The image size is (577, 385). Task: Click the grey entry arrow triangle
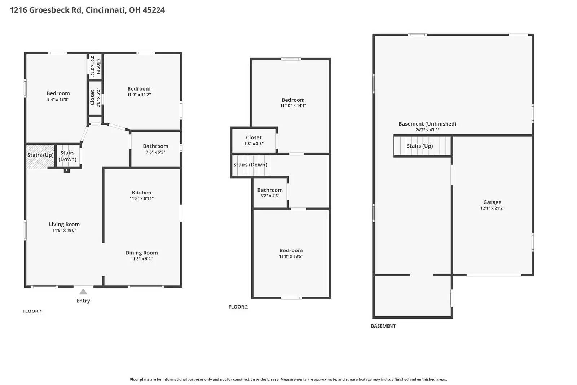(83, 292)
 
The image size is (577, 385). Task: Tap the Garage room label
(492, 202)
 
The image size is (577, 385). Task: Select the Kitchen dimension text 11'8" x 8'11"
(141, 198)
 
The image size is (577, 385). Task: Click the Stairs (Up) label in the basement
(420, 146)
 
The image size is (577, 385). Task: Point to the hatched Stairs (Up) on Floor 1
(40, 156)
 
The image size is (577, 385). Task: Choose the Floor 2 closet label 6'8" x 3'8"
(254, 143)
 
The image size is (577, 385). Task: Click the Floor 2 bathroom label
(270, 190)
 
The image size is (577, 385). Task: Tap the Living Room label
(64, 224)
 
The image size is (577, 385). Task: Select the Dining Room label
(142, 253)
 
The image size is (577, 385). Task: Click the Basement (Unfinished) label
(427, 124)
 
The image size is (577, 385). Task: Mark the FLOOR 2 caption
(238, 307)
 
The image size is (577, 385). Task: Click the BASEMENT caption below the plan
(383, 326)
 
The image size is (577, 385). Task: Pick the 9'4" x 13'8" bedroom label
(58, 99)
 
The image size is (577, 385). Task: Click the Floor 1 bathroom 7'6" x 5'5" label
(155, 152)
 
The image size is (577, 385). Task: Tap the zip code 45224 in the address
(154, 10)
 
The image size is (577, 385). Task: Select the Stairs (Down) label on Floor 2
(250, 165)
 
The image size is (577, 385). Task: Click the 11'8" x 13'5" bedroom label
(291, 256)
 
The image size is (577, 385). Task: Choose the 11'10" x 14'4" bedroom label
(293, 106)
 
